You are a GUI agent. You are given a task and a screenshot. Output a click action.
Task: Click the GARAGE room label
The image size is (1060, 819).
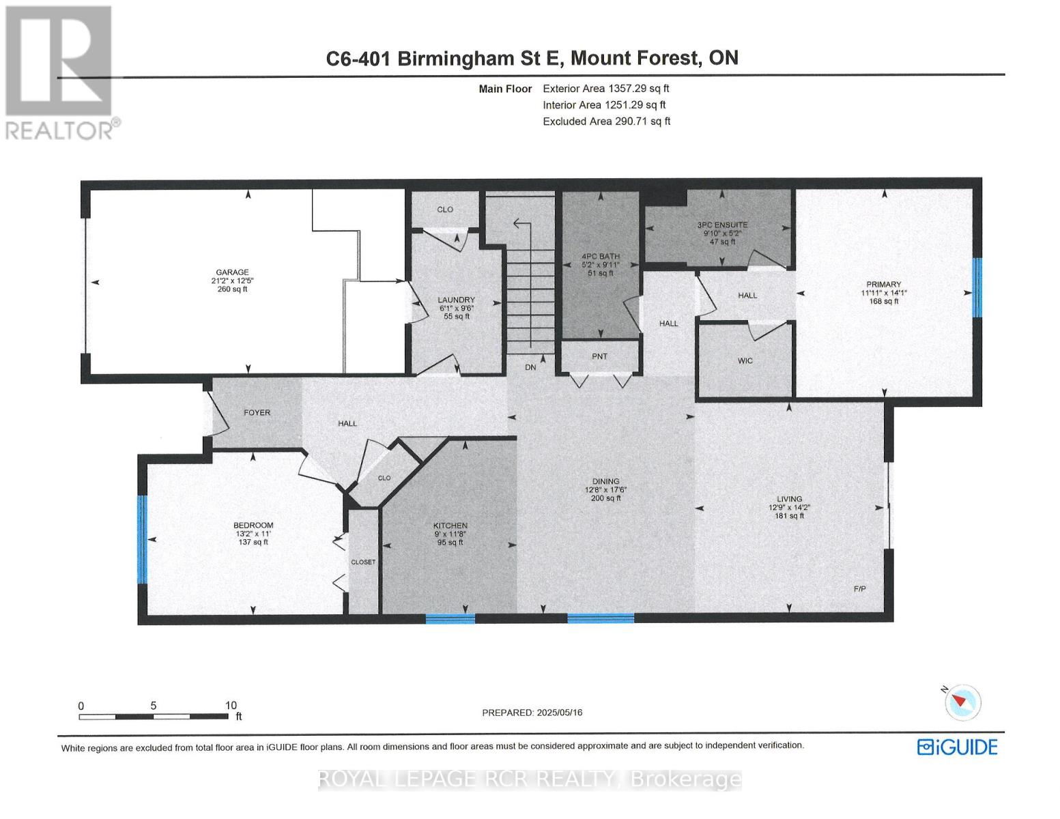[232, 272]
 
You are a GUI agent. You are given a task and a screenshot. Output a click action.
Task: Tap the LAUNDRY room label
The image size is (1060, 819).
[456, 300]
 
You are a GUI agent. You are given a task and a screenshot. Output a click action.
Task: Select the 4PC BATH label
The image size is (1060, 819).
[600, 257]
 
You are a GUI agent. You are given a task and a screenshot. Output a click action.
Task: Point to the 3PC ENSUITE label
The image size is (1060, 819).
[722, 225]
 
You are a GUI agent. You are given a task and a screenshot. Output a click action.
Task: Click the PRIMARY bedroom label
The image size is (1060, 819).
[884, 285]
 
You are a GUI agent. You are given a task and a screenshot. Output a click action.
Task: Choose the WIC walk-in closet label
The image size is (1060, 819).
[745, 361]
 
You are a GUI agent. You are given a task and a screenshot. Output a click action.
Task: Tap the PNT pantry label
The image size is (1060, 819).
[599, 356]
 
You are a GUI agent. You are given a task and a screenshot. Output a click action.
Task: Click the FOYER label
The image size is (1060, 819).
[257, 413]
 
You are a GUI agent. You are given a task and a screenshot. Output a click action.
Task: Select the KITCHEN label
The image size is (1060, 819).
[450, 526]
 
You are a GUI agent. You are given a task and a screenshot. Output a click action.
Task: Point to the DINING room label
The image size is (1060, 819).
[605, 482]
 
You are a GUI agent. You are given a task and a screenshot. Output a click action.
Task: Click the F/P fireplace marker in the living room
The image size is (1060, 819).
[859, 589]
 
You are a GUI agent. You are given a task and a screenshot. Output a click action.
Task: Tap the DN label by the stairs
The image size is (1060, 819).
[530, 368]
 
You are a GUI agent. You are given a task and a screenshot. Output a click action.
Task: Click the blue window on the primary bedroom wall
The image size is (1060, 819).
[977, 287]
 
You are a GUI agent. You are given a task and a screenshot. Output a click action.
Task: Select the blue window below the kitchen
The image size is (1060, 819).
[450, 619]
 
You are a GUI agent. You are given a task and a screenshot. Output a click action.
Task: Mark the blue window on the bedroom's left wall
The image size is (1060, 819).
[142, 539]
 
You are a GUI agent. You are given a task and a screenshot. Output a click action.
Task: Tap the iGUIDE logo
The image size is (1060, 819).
[957, 747]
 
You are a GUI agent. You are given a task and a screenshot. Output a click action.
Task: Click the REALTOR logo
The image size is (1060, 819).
[60, 72]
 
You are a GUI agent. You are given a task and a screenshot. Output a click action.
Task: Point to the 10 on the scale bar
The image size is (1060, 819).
[231, 706]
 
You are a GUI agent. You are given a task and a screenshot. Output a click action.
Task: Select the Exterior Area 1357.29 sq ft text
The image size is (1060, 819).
[605, 89]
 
